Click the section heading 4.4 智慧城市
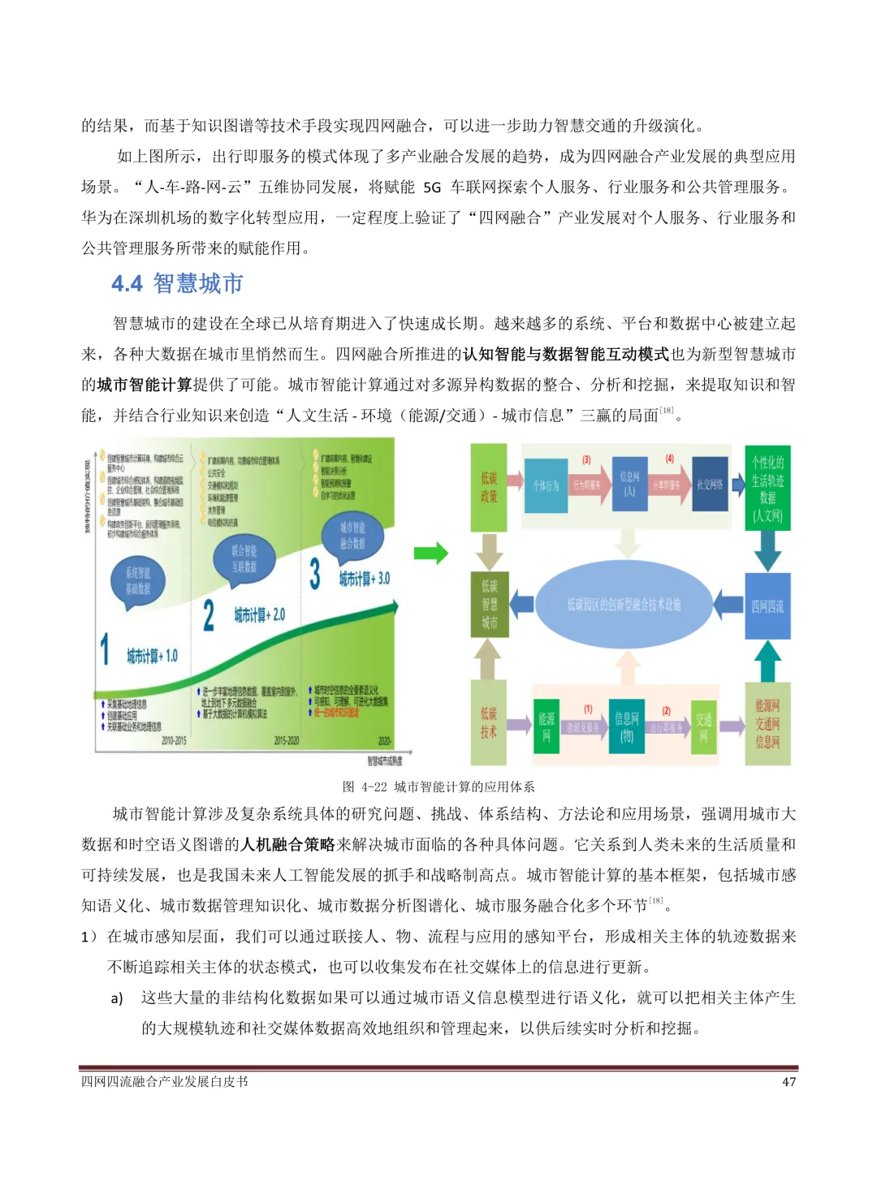pyautogui.click(x=177, y=283)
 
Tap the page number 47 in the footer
pyautogui.click(x=788, y=1082)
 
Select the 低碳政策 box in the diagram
pyautogui.click(x=489, y=487)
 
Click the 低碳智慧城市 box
pyautogui.click(x=489, y=604)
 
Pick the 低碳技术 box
pyautogui.click(x=489, y=722)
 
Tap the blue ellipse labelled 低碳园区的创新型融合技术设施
pyautogui.click(x=624, y=604)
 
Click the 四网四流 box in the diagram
pyautogui.click(x=767, y=606)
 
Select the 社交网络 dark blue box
pyautogui.click(x=710, y=485)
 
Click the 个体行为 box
pyautogui.click(x=546, y=485)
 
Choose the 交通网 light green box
pyautogui.click(x=703, y=727)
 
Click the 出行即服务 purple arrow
pyautogui.click(x=666, y=727)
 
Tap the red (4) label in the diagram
pyautogui.click(x=670, y=459)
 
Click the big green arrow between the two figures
pyautogui.click(x=430, y=554)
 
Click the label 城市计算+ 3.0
pyautogui.click(x=364, y=578)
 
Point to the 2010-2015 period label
pyautogui.click(x=174, y=740)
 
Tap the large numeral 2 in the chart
pyautogui.click(x=209, y=615)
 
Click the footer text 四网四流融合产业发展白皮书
pyautogui.click(x=164, y=1082)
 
